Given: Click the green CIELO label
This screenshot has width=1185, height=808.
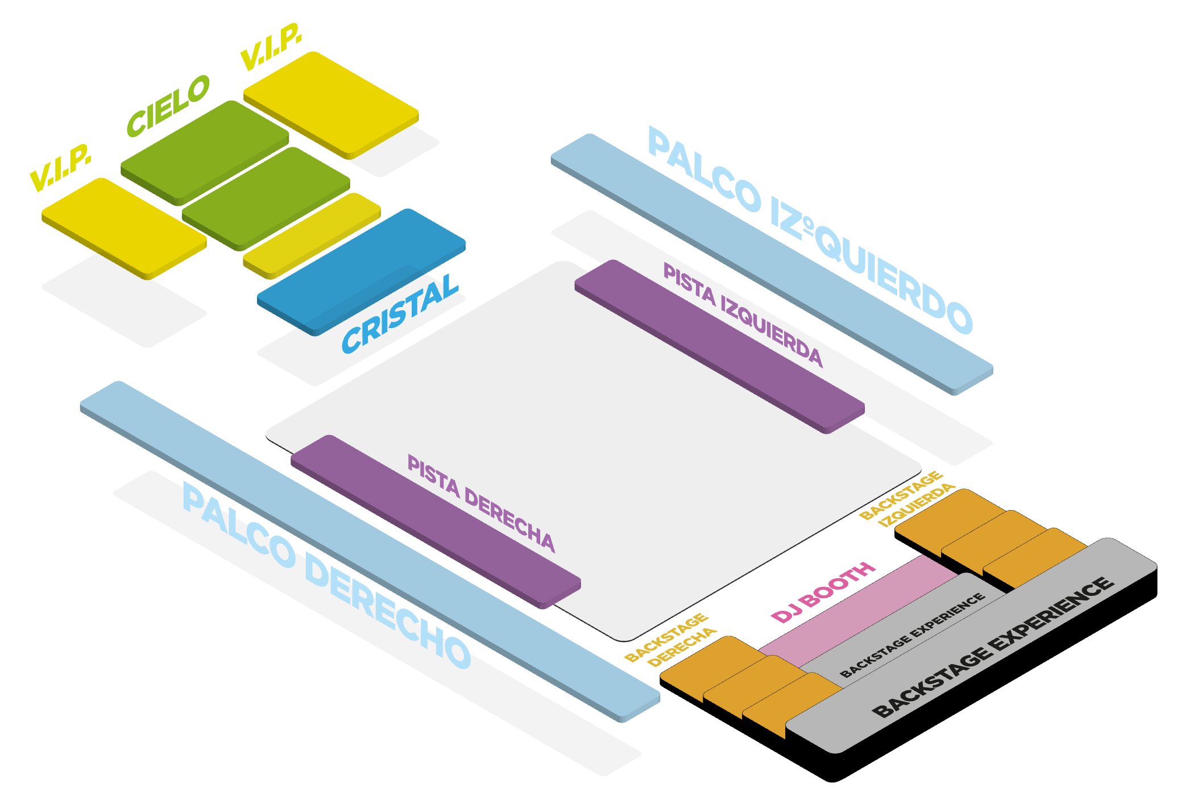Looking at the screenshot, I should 168,106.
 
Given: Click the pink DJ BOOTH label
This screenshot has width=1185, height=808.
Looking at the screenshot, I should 822,592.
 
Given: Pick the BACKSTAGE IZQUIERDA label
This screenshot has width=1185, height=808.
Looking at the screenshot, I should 906,498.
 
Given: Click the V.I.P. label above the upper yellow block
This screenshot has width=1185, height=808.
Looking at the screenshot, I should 271,47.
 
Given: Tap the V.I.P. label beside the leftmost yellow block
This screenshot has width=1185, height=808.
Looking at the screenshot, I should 60,168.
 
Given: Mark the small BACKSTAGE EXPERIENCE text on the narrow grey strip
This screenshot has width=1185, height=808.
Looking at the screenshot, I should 912,635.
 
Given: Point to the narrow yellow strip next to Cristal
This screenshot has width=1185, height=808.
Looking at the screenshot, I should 312,235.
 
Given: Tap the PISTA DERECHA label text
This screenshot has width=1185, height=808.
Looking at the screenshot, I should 481,503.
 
